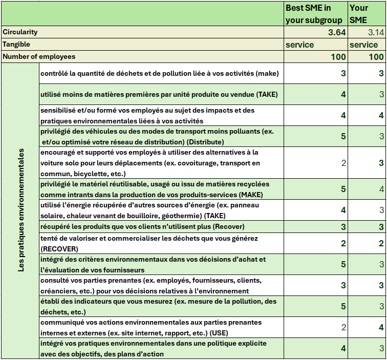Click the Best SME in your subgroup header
[x=315, y=14]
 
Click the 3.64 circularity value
[x=337, y=32]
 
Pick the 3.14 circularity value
[x=376, y=32]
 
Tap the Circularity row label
[x=20, y=32]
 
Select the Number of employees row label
[x=39, y=57]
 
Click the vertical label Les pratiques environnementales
[x=21, y=210]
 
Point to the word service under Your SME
[x=363, y=45]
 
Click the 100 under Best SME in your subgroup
[x=338, y=57]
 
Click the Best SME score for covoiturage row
[x=343, y=163]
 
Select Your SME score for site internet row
[x=381, y=327]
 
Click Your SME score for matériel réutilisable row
[x=381, y=189]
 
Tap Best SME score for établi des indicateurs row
[x=343, y=306]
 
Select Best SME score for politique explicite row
[x=343, y=349]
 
